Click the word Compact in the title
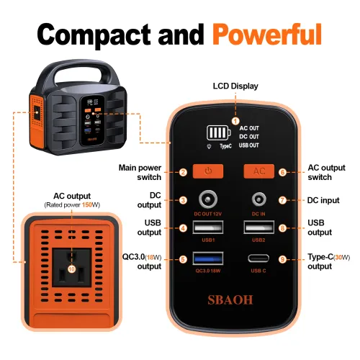click(x=103, y=33)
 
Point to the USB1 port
click(x=208, y=228)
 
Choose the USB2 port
click(x=258, y=228)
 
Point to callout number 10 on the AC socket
click(x=71, y=269)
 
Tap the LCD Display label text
click(x=235, y=86)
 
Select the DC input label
click(x=323, y=199)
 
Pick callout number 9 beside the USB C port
click(x=283, y=259)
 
